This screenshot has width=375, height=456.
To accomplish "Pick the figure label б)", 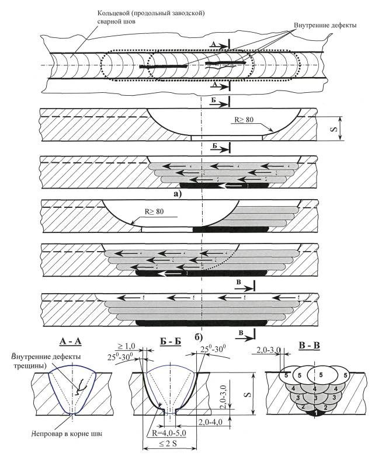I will click(198, 336).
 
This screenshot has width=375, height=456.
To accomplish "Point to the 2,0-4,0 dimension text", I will click(212, 422).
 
